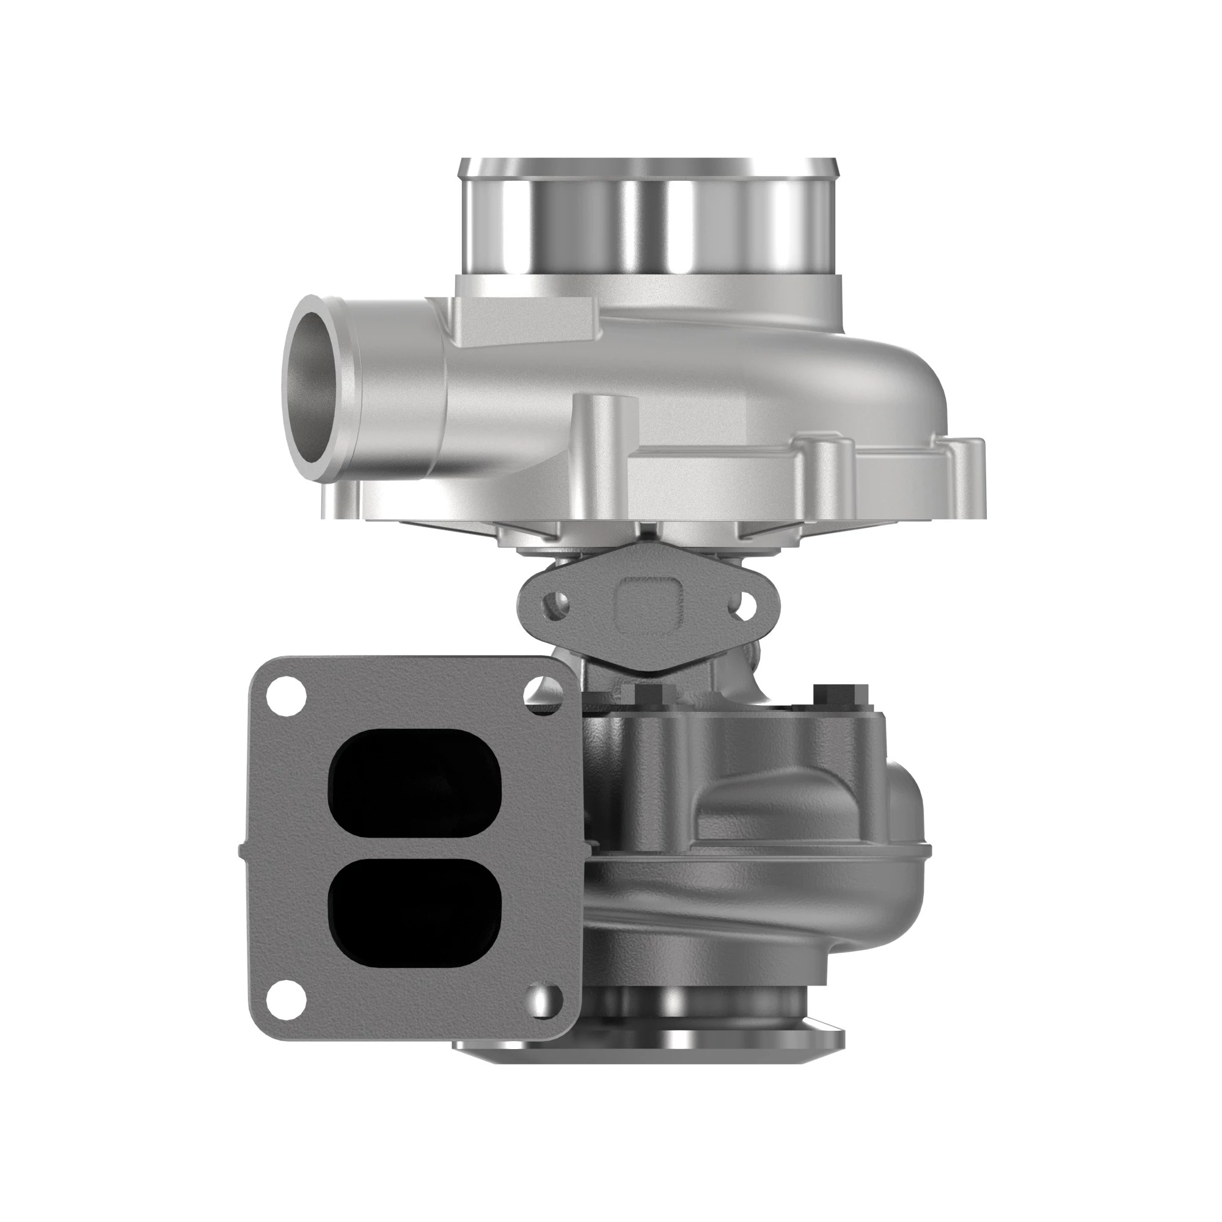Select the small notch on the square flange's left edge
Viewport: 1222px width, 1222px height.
click(x=241, y=851)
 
